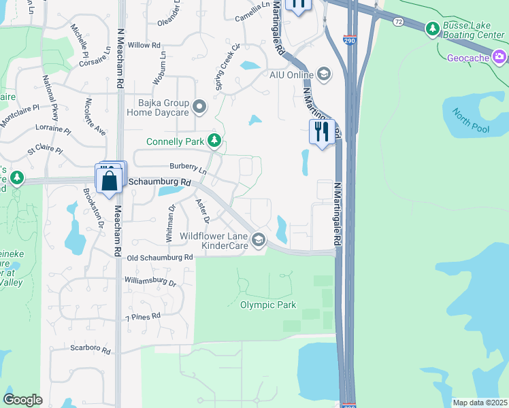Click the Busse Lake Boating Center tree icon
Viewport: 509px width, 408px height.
pyautogui.click(x=432, y=29)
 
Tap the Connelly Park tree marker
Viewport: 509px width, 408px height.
pyautogui.click(x=215, y=141)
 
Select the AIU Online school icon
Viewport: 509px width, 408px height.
pyautogui.click(x=323, y=74)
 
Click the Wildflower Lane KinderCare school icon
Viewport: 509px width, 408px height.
pyautogui.click(x=258, y=239)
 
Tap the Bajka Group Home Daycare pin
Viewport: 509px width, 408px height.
pyautogui.click(x=199, y=106)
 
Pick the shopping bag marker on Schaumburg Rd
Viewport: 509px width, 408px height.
pyautogui.click(x=110, y=180)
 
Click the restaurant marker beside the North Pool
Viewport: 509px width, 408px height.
pyautogui.click(x=321, y=131)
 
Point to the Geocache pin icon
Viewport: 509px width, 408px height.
pyautogui.click(x=500, y=56)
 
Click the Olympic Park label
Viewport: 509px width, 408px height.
pyautogui.click(x=268, y=305)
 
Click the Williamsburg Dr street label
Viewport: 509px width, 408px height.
pyautogui.click(x=150, y=281)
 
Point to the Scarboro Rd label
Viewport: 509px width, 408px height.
pyautogui.click(x=90, y=348)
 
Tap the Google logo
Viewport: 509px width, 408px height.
pyautogui.click(x=22, y=400)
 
